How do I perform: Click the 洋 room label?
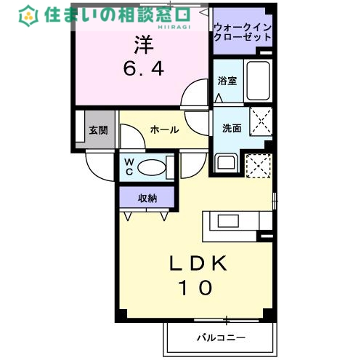(x=142, y=44)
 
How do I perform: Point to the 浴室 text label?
(x=227, y=81)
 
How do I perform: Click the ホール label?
(x=164, y=129)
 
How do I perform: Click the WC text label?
(x=128, y=167)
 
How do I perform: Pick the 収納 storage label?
(x=147, y=197)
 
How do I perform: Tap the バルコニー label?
(x=221, y=338)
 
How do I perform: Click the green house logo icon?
(x=29, y=14)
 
